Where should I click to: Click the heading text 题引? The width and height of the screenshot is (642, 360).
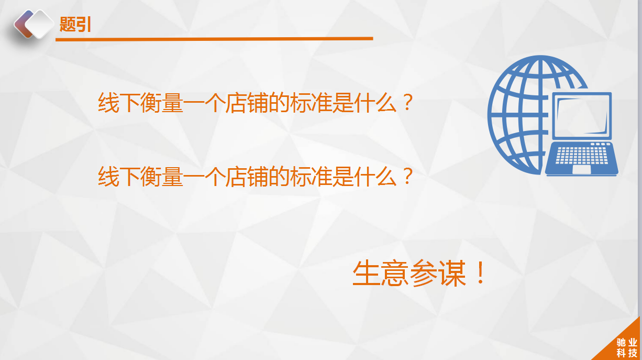(x=75, y=24)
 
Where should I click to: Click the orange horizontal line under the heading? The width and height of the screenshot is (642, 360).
(x=214, y=39)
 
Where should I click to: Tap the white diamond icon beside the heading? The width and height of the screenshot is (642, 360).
(x=39, y=25)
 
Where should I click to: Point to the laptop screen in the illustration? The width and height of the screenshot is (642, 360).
(x=582, y=116)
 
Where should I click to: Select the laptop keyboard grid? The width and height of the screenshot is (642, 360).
(x=582, y=155)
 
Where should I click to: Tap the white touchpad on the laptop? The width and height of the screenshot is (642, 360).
(x=582, y=169)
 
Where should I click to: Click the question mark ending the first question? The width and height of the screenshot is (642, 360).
(x=407, y=102)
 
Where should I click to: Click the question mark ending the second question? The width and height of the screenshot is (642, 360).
(x=407, y=176)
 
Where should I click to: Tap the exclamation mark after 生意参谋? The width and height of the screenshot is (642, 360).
(x=480, y=272)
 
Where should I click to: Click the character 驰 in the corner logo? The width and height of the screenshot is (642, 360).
(x=621, y=343)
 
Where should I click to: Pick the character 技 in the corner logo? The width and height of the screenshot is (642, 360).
(x=633, y=353)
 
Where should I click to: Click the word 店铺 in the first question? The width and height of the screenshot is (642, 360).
(x=247, y=103)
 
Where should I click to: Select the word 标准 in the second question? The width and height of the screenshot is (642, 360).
(x=311, y=177)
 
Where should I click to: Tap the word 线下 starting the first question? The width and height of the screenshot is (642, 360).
(x=119, y=103)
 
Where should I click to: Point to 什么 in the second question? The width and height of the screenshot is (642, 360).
(x=375, y=177)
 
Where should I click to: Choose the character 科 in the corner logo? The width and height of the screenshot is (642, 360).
(x=621, y=353)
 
